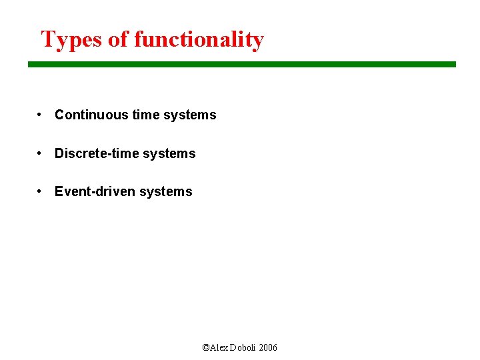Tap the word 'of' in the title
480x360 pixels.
118,40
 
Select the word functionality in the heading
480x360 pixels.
199,40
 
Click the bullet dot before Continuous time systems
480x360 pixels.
41,115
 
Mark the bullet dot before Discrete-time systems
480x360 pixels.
41,153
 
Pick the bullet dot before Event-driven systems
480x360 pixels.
41,191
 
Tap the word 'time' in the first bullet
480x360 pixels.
146,115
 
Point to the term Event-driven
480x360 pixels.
93,191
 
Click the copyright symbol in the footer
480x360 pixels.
205,348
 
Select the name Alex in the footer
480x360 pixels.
219,348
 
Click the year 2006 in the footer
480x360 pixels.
269,348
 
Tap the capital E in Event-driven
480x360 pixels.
59,191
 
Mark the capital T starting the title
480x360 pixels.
47,39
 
